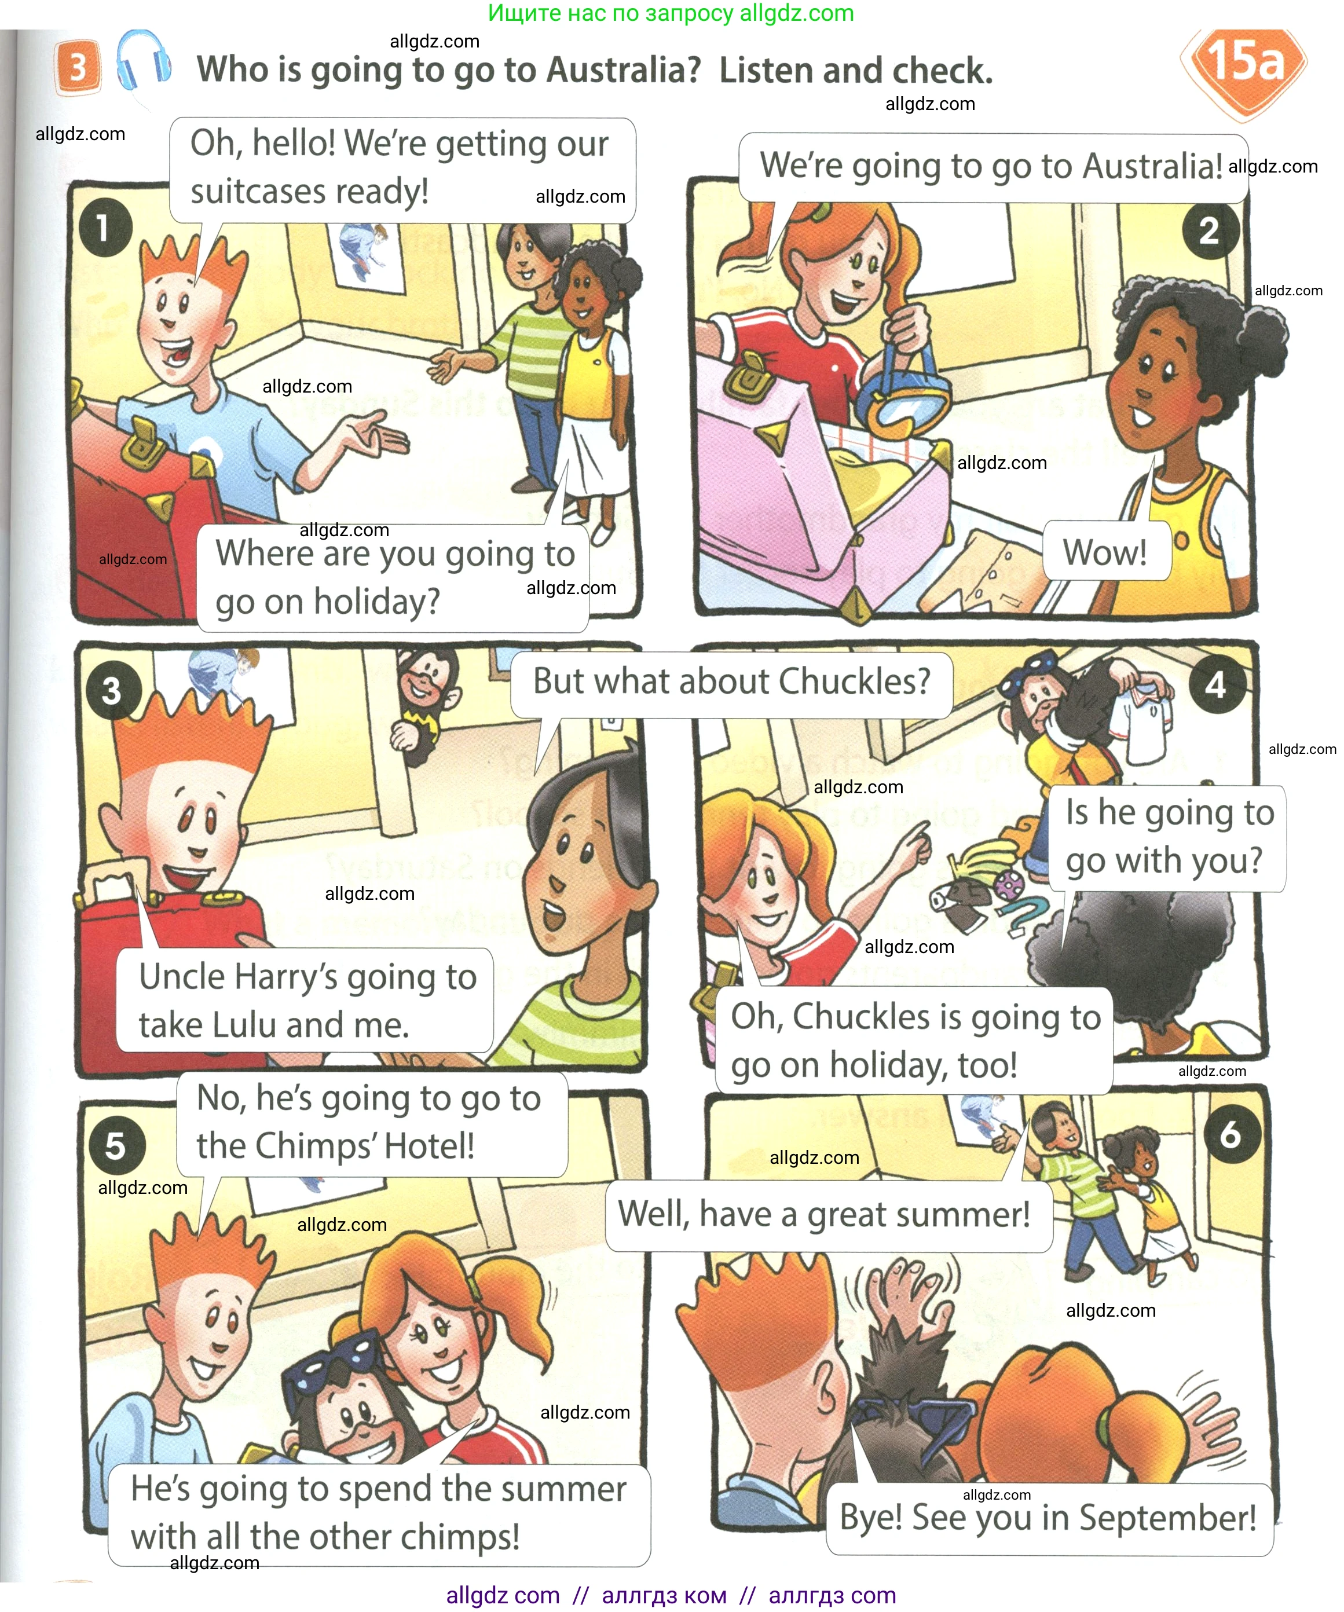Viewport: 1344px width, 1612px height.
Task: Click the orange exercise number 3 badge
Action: click(78, 67)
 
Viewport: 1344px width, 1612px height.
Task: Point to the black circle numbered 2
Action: click(1209, 230)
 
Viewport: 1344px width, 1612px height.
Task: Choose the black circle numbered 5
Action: click(115, 1145)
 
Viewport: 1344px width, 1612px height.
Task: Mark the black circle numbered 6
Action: click(1231, 1134)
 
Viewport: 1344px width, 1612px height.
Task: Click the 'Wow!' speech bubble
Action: click(1106, 551)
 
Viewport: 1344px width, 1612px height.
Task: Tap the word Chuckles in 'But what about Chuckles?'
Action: click(854, 681)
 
